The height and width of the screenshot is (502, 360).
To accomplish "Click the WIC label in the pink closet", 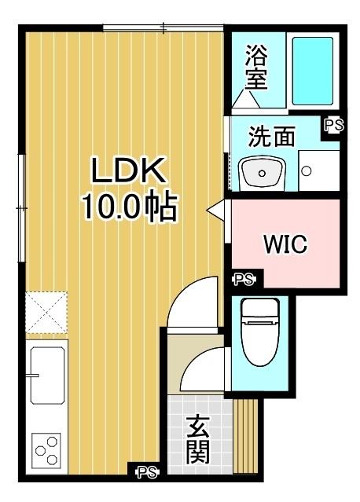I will coord(284,243).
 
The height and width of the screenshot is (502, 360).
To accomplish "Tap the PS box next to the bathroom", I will coord(333,124).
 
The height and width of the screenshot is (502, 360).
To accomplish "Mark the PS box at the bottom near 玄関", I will coord(146,472).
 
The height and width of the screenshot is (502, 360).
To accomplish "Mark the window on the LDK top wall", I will coord(163,29).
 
